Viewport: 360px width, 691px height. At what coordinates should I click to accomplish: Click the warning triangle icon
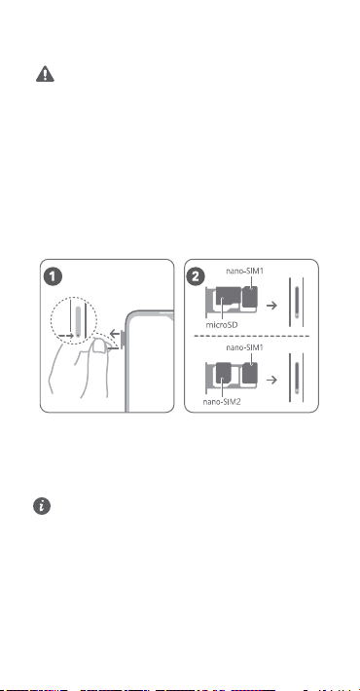(45, 74)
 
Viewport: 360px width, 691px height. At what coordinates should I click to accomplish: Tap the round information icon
(42, 506)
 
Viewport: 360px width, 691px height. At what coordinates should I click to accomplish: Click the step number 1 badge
(54, 277)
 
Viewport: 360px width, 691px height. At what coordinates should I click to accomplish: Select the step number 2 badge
(196, 277)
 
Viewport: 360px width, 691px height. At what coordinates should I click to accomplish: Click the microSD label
(222, 325)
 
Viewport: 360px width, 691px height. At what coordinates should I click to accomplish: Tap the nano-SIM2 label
(222, 402)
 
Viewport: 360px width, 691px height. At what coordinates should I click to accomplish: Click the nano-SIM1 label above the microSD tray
(244, 271)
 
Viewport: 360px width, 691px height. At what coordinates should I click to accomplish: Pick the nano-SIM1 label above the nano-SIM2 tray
(244, 347)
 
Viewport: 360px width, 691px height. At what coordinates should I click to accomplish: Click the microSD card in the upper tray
(228, 298)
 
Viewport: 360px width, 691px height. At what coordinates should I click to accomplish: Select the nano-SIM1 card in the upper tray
(251, 297)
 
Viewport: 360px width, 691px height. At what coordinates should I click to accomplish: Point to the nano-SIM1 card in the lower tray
(251, 373)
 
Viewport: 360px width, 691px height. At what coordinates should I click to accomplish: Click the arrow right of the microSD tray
(272, 305)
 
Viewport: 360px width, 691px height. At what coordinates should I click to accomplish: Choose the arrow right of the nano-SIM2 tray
(272, 380)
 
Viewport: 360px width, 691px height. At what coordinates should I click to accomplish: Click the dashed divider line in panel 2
(252, 336)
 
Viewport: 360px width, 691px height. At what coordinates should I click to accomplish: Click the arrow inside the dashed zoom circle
(66, 336)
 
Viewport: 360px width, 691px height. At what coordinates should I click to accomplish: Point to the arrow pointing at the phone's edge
(116, 332)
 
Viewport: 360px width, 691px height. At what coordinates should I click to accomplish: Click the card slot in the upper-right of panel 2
(297, 302)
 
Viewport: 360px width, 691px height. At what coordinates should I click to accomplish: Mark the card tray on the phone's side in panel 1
(123, 338)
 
